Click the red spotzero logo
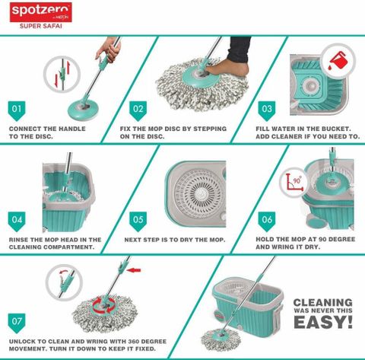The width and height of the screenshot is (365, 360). (41, 12)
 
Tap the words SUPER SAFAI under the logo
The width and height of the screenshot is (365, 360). (41, 26)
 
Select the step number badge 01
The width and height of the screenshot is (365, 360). (17, 111)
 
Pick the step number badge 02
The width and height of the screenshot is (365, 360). (138, 111)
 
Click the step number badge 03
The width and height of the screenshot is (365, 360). (267, 111)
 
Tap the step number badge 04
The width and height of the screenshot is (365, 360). (17, 221)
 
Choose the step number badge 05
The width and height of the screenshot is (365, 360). (138, 221)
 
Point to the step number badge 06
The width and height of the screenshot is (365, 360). (267, 221)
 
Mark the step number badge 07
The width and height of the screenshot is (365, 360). (17, 323)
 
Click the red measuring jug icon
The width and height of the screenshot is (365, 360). (338, 61)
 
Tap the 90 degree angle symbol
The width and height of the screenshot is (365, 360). (294, 183)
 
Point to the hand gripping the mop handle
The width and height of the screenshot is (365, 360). (108, 49)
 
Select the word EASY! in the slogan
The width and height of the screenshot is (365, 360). (323, 322)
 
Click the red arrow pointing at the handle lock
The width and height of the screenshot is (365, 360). (134, 270)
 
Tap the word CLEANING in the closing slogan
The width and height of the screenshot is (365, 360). (323, 302)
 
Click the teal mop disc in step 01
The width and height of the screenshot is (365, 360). (83, 110)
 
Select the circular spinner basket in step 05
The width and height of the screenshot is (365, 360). (198, 193)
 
